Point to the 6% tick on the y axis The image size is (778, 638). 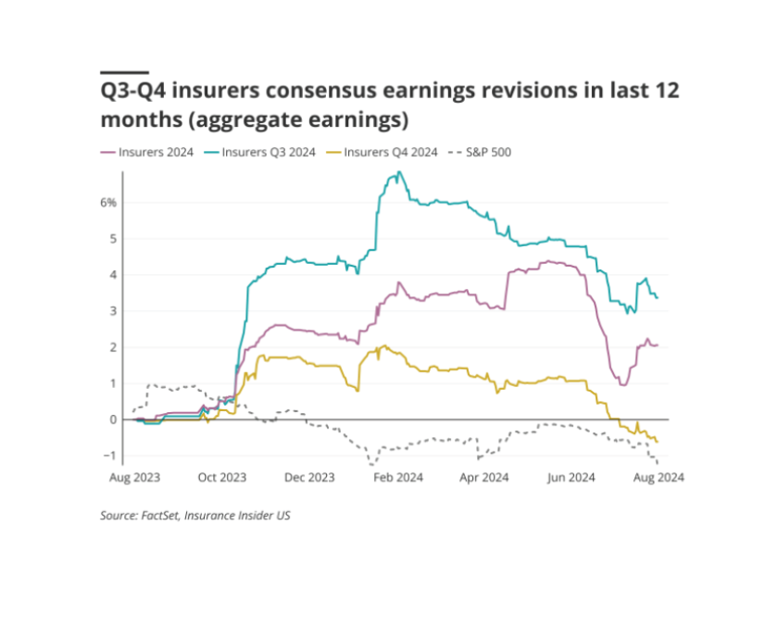(107, 202)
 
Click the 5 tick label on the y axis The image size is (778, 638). (112, 238)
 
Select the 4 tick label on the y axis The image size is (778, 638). (112, 274)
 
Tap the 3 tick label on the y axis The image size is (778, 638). (112, 310)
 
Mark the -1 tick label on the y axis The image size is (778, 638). (110, 456)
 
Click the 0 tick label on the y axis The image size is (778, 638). (112, 419)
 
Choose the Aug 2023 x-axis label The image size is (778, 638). (134, 479)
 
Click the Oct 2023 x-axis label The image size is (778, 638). (221, 479)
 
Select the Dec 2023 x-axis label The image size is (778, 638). (308, 479)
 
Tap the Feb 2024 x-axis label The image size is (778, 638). (396, 479)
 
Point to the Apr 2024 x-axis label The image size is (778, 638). (483, 479)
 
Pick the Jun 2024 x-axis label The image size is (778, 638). (571, 479)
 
